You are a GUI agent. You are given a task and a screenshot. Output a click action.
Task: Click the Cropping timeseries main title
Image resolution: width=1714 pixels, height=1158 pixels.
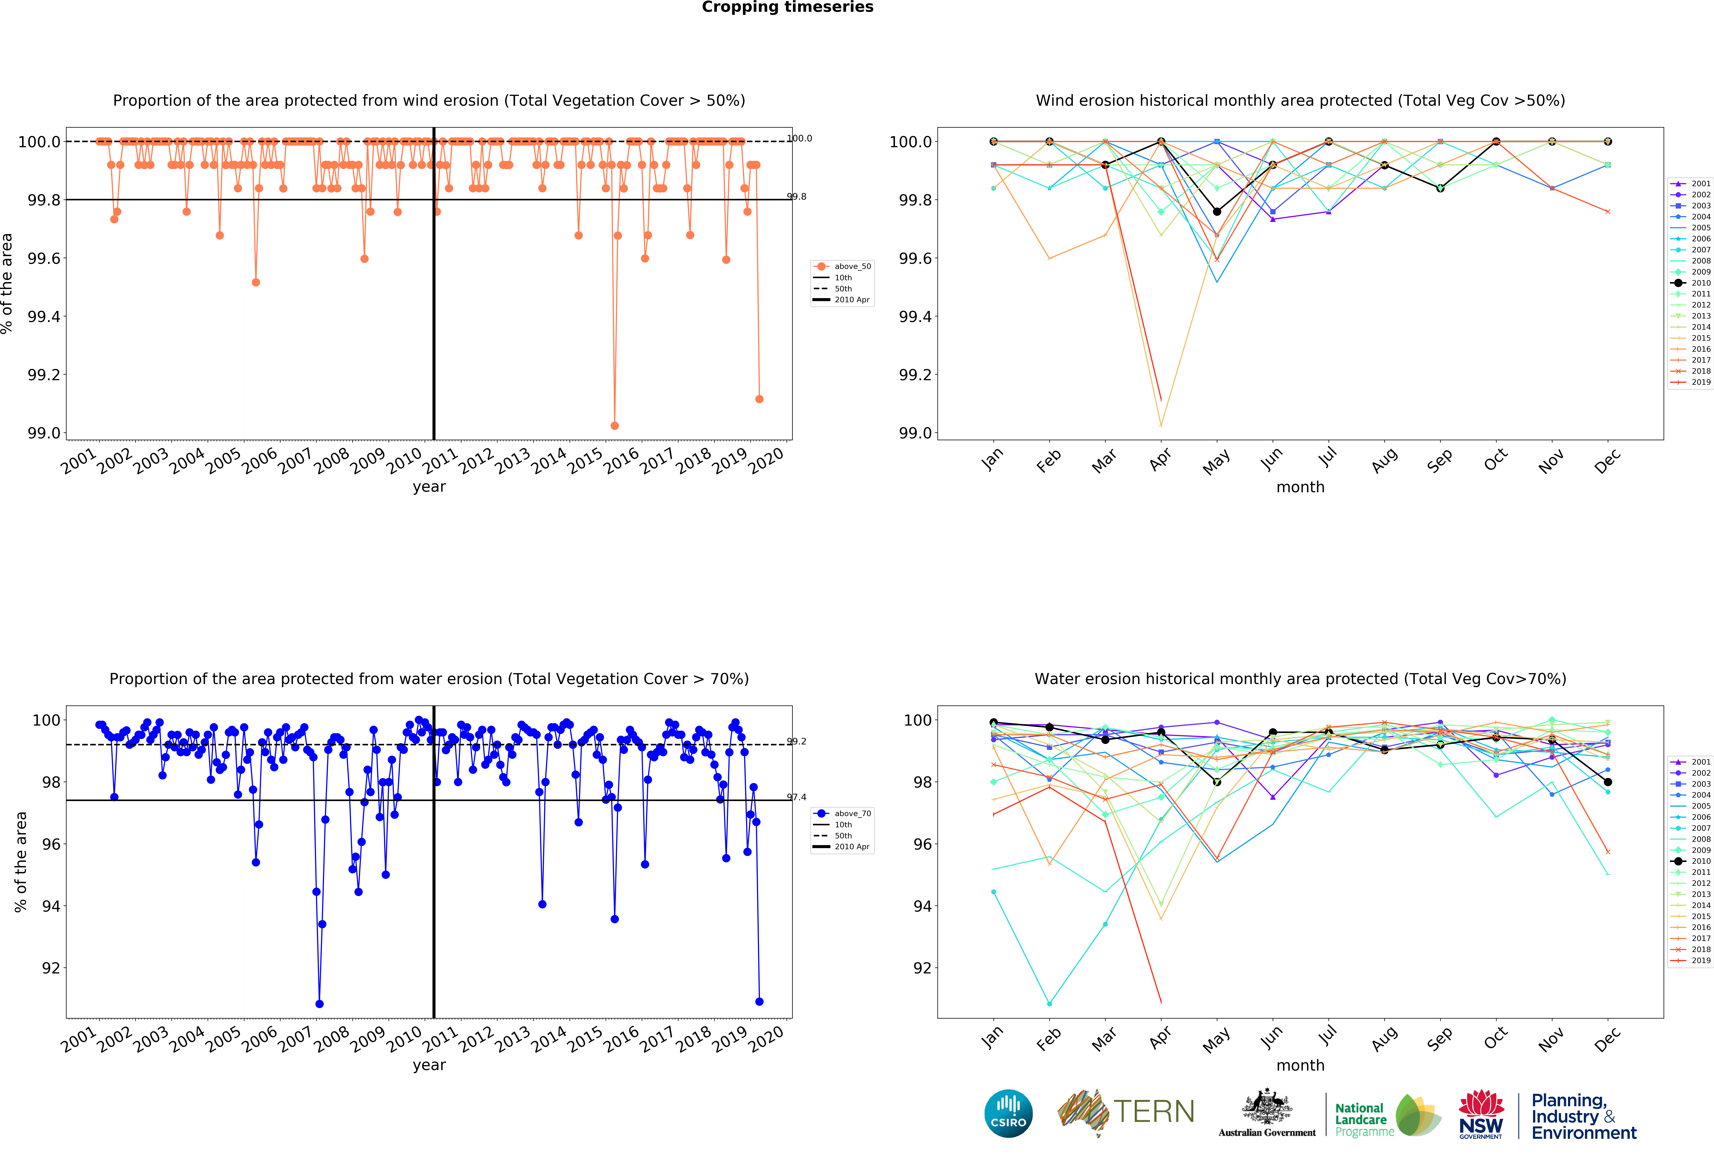point(787,7)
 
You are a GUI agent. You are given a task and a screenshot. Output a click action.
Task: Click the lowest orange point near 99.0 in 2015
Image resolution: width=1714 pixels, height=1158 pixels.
point(614,426)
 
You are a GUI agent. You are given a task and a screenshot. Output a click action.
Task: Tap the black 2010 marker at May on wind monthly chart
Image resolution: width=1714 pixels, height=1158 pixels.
point(1217,212)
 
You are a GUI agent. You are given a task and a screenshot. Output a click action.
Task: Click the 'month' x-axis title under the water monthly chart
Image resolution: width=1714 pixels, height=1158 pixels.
point(1300,1065)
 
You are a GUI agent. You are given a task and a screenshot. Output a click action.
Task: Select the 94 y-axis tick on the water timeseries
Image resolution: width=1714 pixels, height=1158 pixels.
point(50,906)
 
